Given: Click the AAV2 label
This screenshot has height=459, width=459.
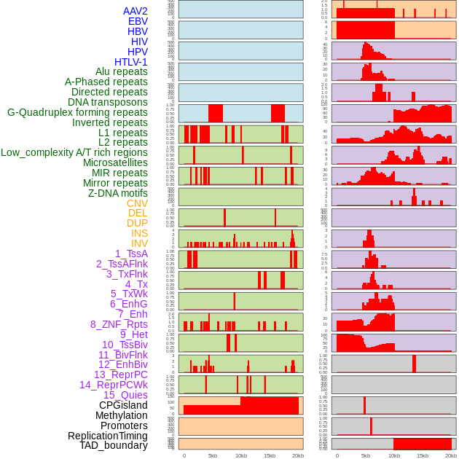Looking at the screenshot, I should [135, 11].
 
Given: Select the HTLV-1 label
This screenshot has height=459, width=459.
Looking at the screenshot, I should [130, 62].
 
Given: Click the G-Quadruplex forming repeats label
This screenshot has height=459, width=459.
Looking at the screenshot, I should [77, 112].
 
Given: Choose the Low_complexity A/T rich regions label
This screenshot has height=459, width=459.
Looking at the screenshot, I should [74, 152].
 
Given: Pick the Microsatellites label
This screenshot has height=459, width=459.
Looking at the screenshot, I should [115, 162].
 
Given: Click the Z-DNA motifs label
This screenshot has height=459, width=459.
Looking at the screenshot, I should [117, 193].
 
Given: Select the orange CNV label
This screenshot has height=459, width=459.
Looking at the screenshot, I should [137, 203].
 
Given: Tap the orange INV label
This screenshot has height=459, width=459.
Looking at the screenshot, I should [139, 243].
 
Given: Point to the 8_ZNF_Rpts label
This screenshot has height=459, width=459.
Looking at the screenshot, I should [119, 324].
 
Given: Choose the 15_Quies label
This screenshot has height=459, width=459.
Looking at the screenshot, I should [125, 395].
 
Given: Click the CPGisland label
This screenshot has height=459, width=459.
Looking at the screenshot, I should [123, 405].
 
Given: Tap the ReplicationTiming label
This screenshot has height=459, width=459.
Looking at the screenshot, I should [108, 436].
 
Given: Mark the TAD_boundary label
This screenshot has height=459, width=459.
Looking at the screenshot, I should [113, 445].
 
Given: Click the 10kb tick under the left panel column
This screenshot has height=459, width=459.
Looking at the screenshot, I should [240, 455].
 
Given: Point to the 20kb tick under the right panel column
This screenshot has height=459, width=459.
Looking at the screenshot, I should [451, 455].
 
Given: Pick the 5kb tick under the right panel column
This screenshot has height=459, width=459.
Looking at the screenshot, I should [366, 455].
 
